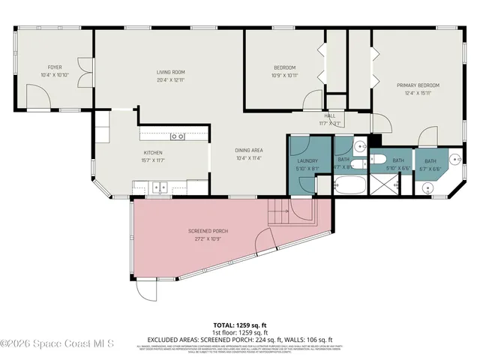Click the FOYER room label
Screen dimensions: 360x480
pyautogui.click(x=55, y=67)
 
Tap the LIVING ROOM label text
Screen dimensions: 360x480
pyautogui.click(x=170, y=72)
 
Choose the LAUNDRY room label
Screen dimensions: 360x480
pyautogui.click(x=307, y=160)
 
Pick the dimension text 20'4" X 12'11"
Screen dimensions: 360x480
pyautogui.click(x=170, y=79)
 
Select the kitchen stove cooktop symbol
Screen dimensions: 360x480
pyautogui.click(x=178, y=136)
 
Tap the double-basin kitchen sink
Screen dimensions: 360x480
pyautogui.click(x=157, y=187)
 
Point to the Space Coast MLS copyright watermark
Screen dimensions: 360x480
pyautogui.click(x=57, y=344)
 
